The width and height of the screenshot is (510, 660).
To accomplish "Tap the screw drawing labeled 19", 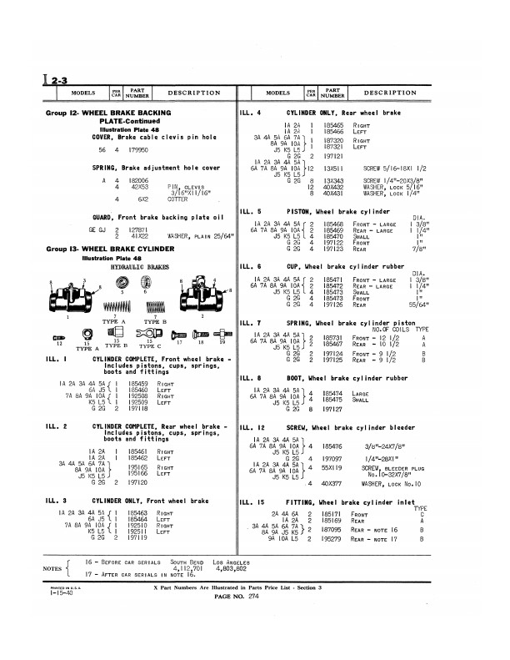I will pyautogui.click(x=222, y=334).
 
